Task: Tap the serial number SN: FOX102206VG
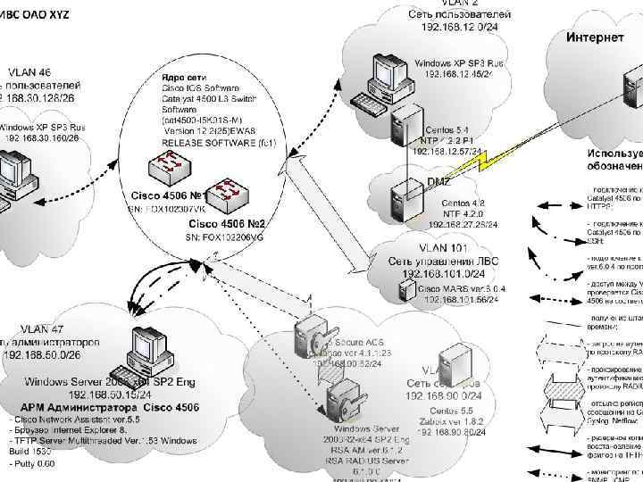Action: tap(222, 237)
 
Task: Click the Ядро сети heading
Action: tap(181, 78)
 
